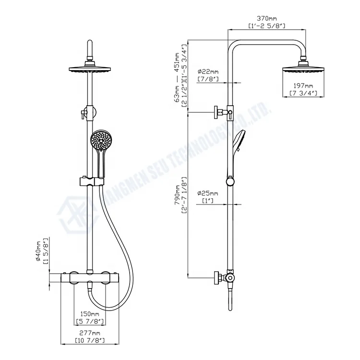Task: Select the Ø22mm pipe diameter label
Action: [x=208, y=72]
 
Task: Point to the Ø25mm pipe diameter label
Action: [x=208, y=193]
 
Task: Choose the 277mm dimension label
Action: [x=90, y=333]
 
